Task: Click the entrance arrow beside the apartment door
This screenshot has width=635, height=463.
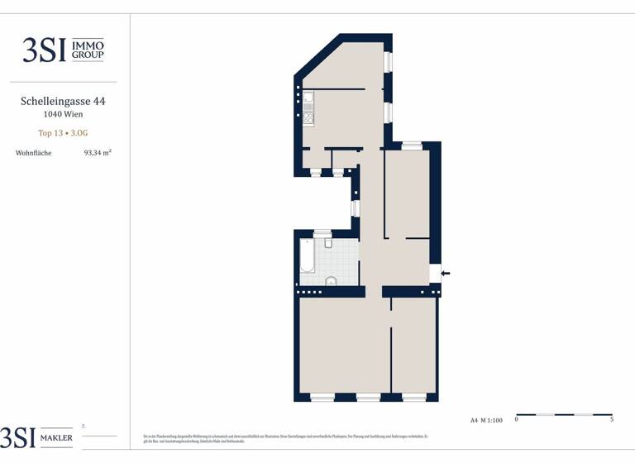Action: (x=446, y=272)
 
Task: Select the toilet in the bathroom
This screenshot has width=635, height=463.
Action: (x=328, y=242)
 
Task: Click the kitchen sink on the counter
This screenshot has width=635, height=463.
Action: (x=308, y=102)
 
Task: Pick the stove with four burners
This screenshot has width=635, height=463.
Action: (x=308, y=118)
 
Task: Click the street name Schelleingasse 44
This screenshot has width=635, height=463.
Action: (x=63, y=102)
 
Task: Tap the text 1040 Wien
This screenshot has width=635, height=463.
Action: (x=63, y=115)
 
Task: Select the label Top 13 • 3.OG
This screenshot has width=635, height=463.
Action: (x=63, y=133)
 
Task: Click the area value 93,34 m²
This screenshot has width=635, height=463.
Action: (x=98, y=153)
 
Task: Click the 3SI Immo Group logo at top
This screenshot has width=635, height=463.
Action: (x=63, y=50)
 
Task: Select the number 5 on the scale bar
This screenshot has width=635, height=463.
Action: (x=611, y=420)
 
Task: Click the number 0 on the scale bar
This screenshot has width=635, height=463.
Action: (x=517, y=420)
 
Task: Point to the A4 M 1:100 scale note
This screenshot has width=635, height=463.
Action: (x=486, y=420)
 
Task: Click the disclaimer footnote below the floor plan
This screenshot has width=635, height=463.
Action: (x=298, y=437)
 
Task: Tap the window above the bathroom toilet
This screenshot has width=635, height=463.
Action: (x=322, y=234)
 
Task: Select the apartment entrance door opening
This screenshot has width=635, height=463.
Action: (x=436, y=273)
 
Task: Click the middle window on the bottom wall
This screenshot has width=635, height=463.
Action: (x=368, y=398)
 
